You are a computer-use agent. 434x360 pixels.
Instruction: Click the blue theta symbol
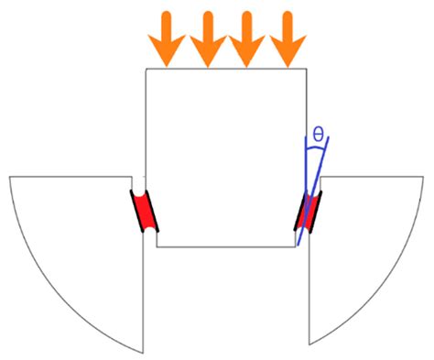pyautogui.click(x=317, y=136)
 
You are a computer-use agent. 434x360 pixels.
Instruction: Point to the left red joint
pyautogui.click(x=143, y=212)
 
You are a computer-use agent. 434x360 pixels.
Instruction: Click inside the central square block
pyautogui.click(x=226, y=156)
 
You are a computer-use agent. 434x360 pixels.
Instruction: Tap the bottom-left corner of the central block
pyautogui.click(x=157, y=247)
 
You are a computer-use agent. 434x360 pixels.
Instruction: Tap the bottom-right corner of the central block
pyautogui.click(x=296, y=247)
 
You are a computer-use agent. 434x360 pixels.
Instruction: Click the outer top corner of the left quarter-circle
pyautogui.click(x=9, y=177)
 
